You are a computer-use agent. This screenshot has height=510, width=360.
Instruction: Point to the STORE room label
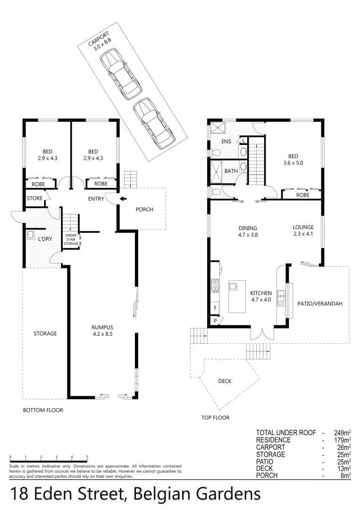34,198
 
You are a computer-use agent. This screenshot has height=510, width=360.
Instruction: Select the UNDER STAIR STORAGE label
70,239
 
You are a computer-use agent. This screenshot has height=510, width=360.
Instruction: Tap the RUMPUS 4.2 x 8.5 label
102,331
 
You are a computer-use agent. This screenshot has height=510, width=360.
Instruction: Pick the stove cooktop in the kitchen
215,284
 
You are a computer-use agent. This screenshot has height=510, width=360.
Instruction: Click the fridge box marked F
216,308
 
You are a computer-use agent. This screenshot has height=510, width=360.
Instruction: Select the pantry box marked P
216,321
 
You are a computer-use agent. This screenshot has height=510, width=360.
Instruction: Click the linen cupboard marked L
243,140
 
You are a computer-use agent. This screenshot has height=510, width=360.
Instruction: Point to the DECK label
225,381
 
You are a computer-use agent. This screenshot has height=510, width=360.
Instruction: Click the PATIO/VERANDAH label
320,304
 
